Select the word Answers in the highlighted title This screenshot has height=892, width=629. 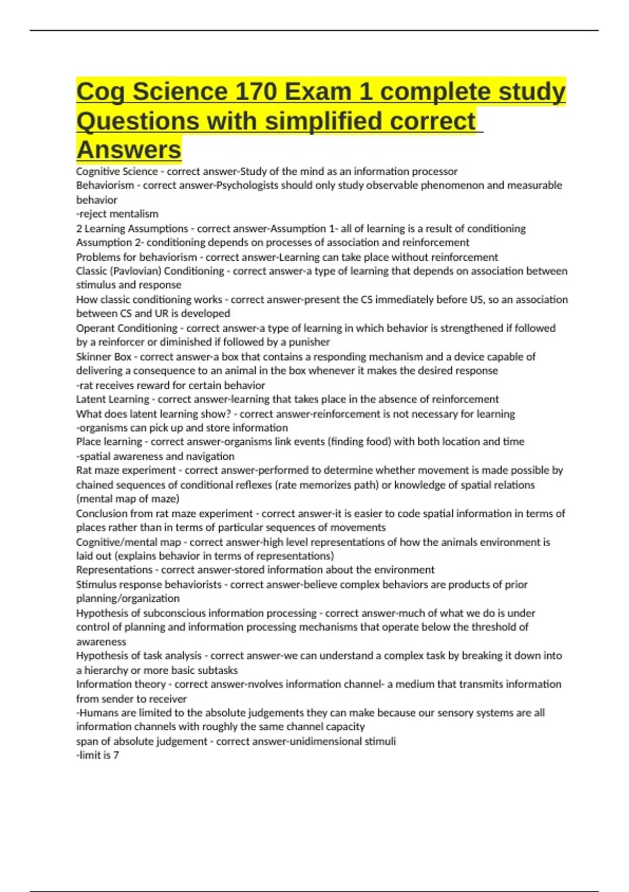(129, 150)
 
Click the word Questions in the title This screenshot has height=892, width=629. (138, 121)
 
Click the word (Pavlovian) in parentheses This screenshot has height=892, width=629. (133, 271)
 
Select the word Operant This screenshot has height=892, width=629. (95, 328)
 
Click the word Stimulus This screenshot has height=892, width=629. (96, 585)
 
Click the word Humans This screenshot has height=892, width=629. (98, 713)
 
